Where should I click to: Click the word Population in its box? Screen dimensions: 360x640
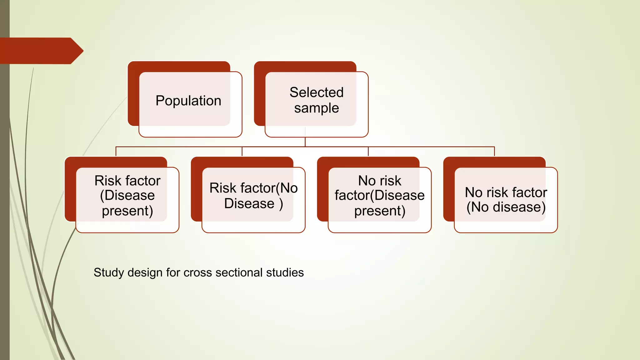click(x=188, y=101)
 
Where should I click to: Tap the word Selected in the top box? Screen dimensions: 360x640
click(x=316, y=92)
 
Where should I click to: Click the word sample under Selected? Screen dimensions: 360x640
click(x=316, y=108)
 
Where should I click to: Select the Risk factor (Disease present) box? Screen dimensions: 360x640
click(x=127, y=200)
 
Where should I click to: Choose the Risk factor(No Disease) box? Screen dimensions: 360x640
click(x=253, y=200)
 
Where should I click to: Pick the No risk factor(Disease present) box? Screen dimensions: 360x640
click(x=379, y=200)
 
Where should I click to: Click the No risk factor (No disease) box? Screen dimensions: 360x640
click(x=506, y=200)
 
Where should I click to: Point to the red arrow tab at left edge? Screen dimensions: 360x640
click(x=41, y=51)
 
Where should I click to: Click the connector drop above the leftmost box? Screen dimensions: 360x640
click(x=116, y=151)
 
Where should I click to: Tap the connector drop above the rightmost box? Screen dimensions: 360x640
click(x=494, y=151)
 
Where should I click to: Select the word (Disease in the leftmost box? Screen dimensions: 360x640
click(x=127, y=196)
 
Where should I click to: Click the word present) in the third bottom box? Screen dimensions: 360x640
click(x=379, y=211)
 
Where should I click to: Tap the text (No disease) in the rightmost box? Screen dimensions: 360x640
click(x=506, y=207)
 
